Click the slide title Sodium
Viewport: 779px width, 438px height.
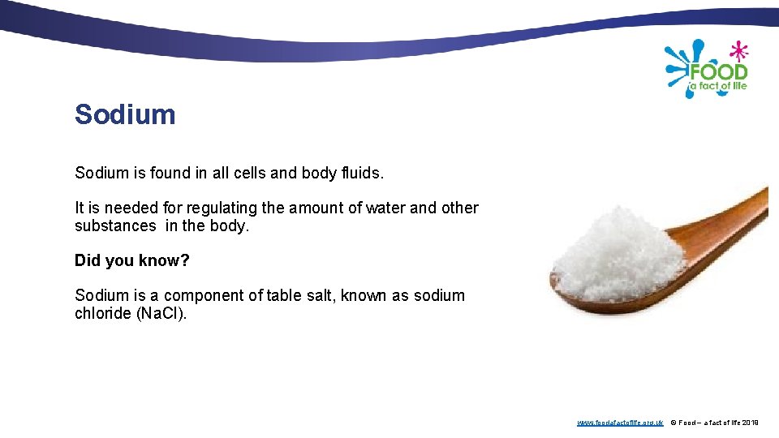click(125, 114)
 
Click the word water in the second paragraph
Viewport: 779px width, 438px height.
click(385, 208)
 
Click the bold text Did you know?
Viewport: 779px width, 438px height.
click(131, 260)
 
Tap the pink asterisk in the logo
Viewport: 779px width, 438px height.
click(738, 52)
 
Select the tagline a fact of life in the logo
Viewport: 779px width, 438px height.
click(718, 86)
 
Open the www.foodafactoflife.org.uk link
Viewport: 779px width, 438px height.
click(620, 423)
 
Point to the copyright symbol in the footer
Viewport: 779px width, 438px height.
click(673, 423)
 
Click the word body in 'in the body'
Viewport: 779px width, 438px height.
click(227, 225)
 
